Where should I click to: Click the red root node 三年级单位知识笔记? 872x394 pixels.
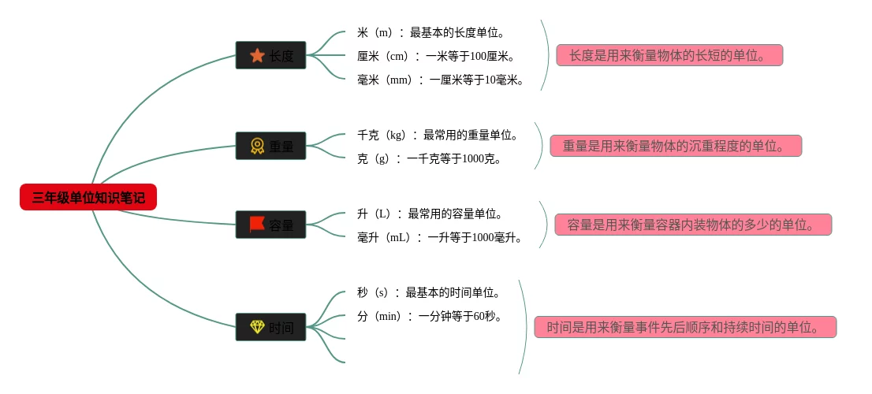(x=88, y=197)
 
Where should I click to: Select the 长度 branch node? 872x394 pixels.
(x=270, y=55)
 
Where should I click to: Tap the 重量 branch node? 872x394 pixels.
(x=270, y=146)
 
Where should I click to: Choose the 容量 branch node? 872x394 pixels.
(x=270, y=225)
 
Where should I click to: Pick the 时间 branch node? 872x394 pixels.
(x=270, y=327)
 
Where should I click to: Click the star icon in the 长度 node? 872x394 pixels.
(x=257, y=55)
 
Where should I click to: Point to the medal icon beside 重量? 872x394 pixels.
(x=257, y=146)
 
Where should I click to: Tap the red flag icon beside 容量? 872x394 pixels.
(x=257, y=225)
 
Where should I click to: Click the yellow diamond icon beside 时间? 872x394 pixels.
(x=257, y=326)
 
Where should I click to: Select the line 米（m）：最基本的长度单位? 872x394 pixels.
(x=430, y=32)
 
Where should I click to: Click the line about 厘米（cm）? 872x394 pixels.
(x=436, y=56)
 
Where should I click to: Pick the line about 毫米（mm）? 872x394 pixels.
(x=441, y=80)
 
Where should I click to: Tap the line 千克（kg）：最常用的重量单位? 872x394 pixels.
(x=438, y=135)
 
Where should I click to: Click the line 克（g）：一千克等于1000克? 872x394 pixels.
(x=430, y=158)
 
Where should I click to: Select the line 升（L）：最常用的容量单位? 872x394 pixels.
(x=430, y=214)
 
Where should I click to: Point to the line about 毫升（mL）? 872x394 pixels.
(x=440, y=237)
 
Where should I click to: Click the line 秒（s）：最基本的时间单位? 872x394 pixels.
(x=430, y=292)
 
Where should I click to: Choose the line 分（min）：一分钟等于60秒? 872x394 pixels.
(x=430, y=316)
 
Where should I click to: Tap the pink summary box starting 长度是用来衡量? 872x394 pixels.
(x=669, y=55)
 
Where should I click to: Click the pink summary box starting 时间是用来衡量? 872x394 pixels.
(x=684, y=327)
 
